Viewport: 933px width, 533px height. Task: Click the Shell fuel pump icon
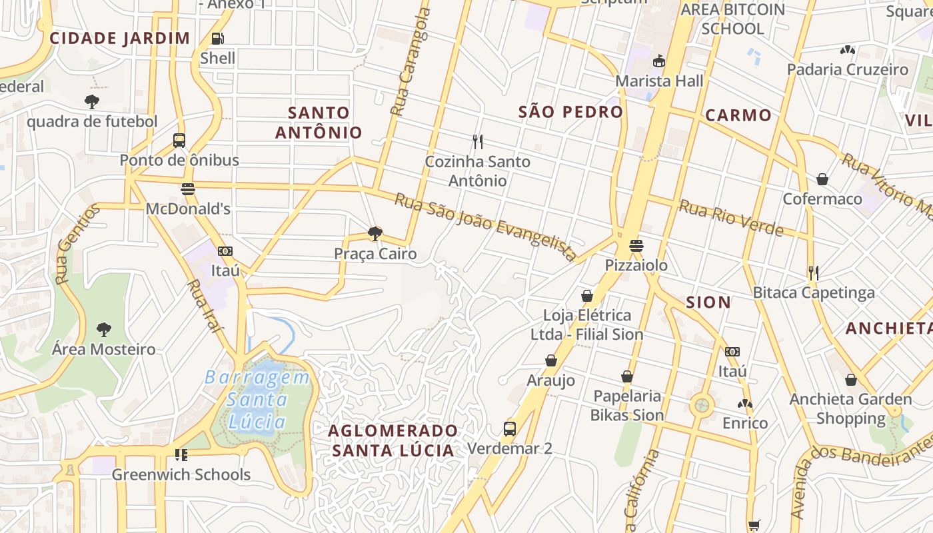[217, 39]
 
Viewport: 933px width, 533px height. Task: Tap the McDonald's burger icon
[188, 189]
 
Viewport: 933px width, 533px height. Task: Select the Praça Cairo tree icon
[375, 234]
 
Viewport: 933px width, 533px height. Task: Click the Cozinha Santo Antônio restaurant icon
[477, 141]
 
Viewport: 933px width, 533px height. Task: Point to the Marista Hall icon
[659, 61]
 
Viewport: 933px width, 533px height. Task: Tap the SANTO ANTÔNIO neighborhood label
[319, 123]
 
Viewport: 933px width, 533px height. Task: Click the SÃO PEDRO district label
[570, 112]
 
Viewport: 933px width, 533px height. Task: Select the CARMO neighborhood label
[738, 115]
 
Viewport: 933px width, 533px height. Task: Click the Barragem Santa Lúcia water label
[257, 400]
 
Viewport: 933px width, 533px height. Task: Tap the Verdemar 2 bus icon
[510, 428]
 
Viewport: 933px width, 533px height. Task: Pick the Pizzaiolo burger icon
[636, 245]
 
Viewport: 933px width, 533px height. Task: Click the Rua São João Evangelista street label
[486, 227]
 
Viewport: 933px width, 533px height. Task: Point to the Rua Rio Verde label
[730, 218]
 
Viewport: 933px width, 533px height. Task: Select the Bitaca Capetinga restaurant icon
[813, 272]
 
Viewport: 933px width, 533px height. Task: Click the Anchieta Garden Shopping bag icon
[850, 380]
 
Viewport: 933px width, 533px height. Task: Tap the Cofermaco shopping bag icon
[822, 179]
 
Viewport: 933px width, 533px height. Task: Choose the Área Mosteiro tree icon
[103, 329]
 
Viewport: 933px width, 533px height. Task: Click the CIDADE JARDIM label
[120, 38]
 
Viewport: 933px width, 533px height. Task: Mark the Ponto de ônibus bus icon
[179, 140]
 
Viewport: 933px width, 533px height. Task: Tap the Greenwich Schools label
[181, 475]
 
